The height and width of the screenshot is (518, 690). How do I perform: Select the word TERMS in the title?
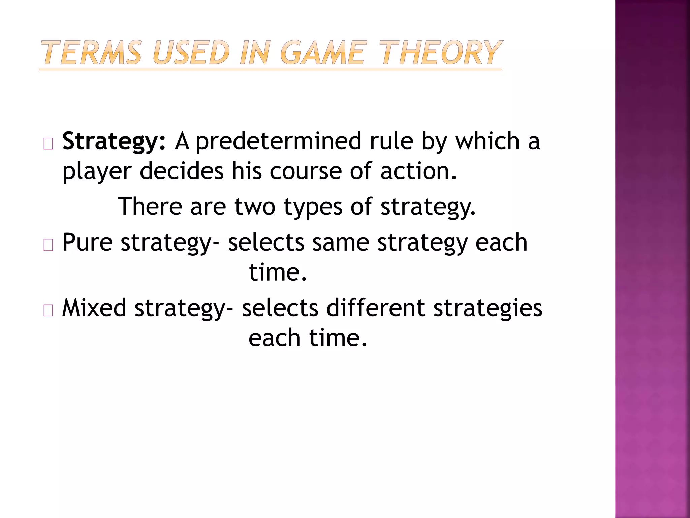click(x=91, y=53)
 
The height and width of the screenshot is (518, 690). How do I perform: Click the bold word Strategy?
click(x=114, y=142)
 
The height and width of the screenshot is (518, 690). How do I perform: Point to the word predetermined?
click(x=278, y=141)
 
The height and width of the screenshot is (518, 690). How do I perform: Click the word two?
click(x=255, y=206)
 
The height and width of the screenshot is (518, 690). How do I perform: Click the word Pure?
click(x=87, y=242)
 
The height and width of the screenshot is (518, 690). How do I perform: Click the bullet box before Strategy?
click(x=48, y=144)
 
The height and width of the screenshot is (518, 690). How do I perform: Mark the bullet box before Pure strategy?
click(x=48, y=245)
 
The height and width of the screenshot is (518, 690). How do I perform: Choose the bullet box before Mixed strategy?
click(x=48, y=311)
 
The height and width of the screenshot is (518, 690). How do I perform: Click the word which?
click(x=487, y=141)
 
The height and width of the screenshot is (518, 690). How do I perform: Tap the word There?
click(x=150, y=206)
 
